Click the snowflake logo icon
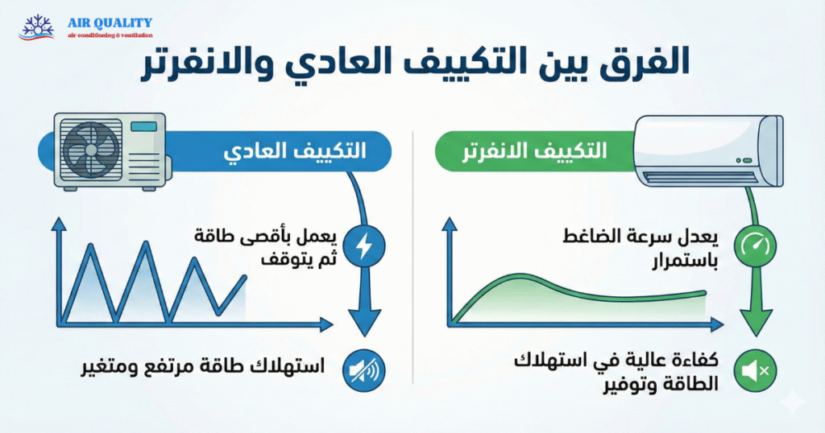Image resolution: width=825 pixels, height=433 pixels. [36, 27]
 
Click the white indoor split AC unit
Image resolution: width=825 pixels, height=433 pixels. [708, 151]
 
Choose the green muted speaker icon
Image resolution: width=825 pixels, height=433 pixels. [756, 370]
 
